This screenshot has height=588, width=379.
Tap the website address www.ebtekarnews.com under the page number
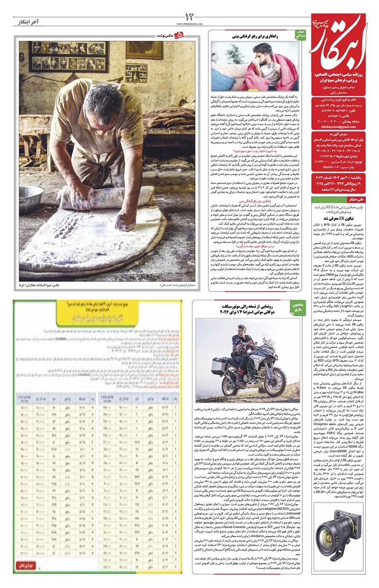tap(190, 23)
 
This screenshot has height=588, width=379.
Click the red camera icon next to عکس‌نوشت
tap(178, 36)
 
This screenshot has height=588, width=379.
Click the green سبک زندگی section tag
tap(301, 35)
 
